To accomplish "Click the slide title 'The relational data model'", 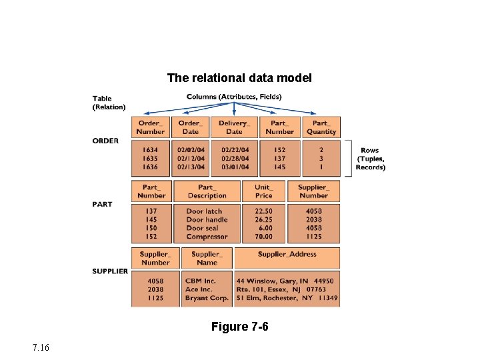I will click(239, 78).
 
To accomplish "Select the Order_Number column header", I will click(150, 127).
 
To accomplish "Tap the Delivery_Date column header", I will click(233, 127).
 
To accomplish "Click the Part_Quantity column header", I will click(321, 127).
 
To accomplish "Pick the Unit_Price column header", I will click(263, 191).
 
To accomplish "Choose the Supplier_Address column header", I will click(287, 255).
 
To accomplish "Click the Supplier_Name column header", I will click(207, 258).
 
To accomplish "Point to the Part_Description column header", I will click(207, 191).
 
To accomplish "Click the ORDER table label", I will click(105, 141).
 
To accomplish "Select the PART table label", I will click(102, 204).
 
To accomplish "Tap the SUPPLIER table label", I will click(110, 271).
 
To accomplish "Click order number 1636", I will click(150, 167).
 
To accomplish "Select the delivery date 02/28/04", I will click(235, 159).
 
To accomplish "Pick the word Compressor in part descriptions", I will click(207, 237).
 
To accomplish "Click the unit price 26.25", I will click(263, 219).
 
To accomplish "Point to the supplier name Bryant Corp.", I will click(207, 298).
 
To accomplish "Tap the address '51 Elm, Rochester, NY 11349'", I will click(287, 298).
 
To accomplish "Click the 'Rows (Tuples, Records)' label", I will click(370, 159).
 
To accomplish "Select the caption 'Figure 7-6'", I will click(239, 327).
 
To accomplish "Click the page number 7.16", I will click(40, 348).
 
